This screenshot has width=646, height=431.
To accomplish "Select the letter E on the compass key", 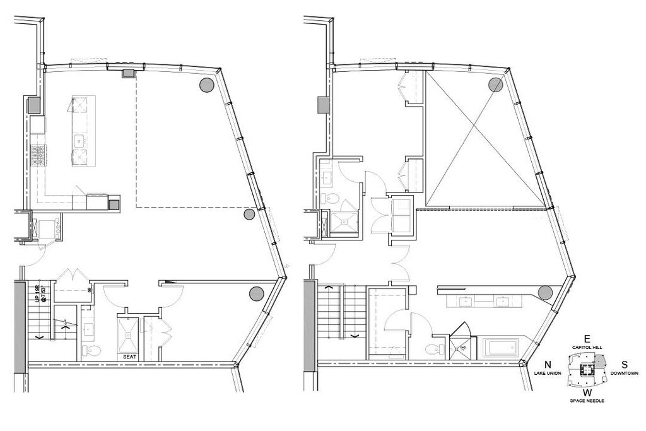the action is [587, 338].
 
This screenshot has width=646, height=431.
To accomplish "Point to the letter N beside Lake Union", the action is [548, 364].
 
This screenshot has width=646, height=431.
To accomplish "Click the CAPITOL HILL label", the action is [587, 347].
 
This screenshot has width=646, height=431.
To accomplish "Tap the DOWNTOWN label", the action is [625, 374].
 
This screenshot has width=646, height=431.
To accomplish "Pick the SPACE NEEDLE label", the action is [587, 401].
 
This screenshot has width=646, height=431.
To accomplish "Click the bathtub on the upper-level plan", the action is [500, 348].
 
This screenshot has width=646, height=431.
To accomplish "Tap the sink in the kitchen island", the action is [80, 140].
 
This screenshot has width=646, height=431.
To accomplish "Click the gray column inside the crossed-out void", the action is [495, 85].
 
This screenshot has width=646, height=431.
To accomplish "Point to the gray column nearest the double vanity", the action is [545, 293].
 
